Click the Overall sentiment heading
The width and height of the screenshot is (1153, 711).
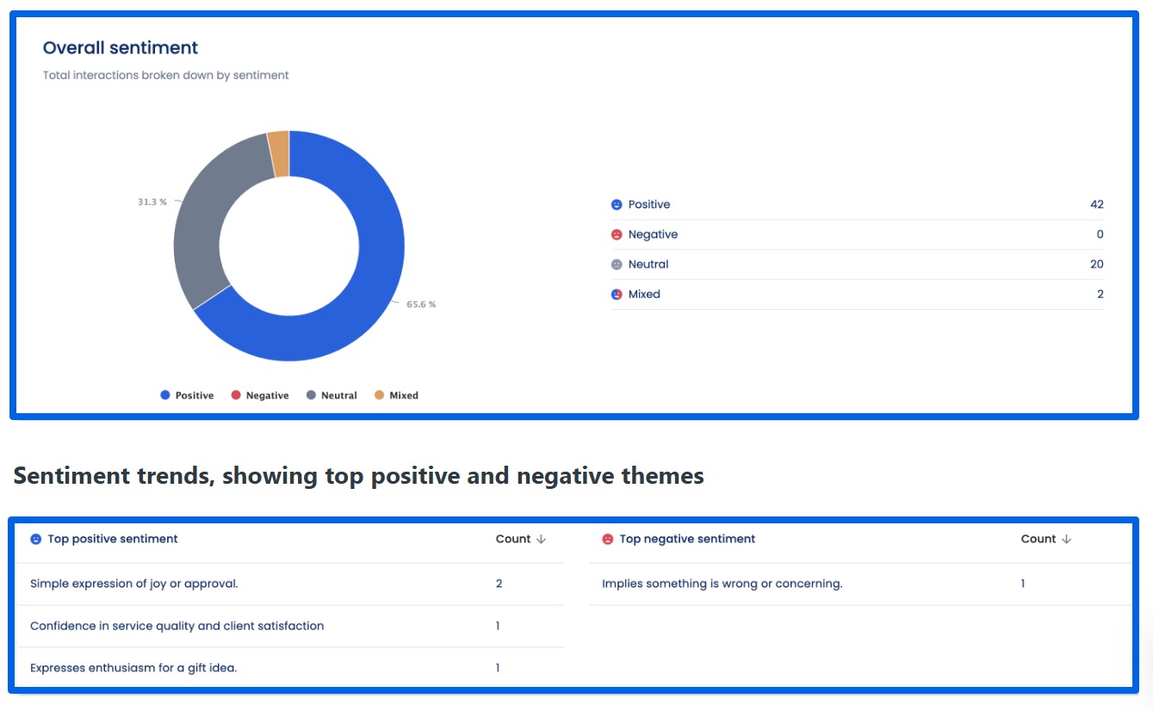click(121, 48)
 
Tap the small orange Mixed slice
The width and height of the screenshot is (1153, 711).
click(279, 153)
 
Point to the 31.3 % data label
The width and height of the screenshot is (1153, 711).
click(152, 201)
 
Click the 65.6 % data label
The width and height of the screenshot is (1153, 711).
click(421, 305)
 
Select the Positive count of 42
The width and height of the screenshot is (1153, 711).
click(1096, 205)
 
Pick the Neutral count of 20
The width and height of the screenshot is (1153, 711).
click(1096, 264)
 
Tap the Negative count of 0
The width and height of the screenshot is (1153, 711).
click(1100, 234)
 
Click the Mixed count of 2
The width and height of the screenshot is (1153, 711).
click(1100, 294)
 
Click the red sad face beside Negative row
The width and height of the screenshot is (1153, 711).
click(617, 235)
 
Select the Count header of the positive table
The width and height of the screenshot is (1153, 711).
click(513, 539)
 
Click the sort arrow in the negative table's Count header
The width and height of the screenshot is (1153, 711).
click(1066, 539)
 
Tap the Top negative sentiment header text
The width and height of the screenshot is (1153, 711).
click(687, 539)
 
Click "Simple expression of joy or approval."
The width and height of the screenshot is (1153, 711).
click(134, 584)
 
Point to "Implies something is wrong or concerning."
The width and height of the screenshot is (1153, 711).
click(722, 584)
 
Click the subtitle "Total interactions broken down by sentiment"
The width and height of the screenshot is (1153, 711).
click(166, 76)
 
